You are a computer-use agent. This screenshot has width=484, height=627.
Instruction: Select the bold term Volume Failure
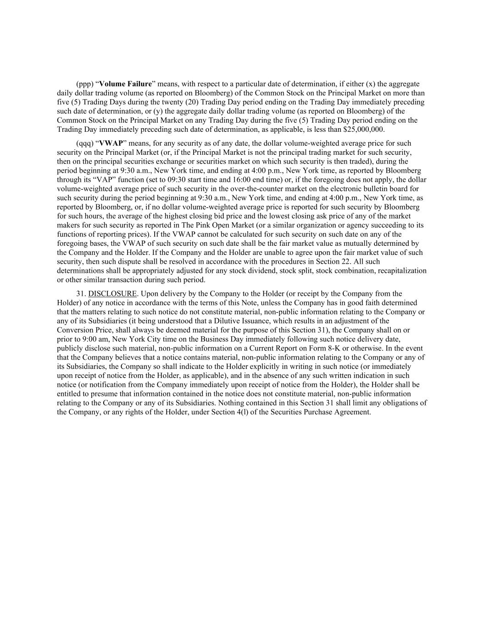pyautogui.click(x=125, y=84)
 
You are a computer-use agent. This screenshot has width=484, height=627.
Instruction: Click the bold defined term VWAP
pyautogui.click(x=111, y=143)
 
